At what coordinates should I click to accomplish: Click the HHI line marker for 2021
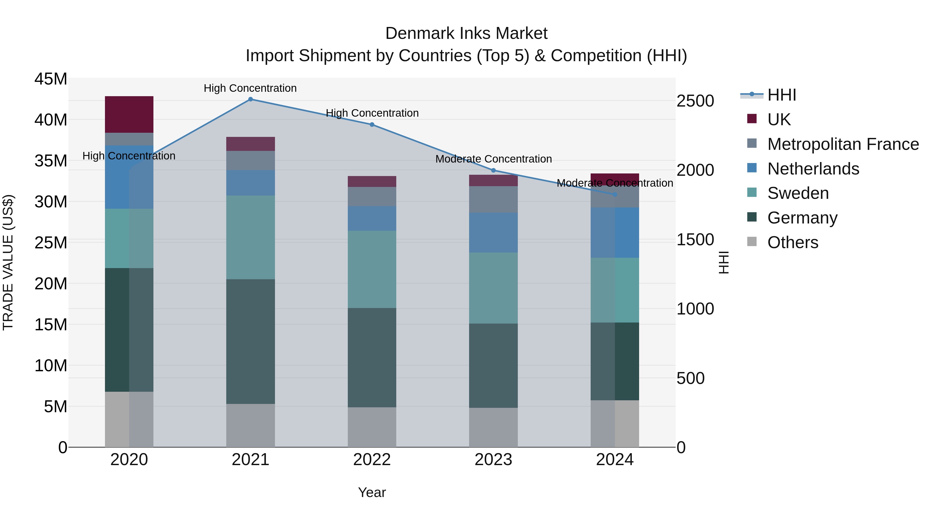click(250, 99)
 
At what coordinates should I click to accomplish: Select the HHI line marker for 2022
click(372, 125)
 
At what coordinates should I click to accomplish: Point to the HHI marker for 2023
click(493, 170)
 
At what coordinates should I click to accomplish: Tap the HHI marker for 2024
click(615, 194)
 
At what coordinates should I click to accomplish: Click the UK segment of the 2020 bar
click(129, 115)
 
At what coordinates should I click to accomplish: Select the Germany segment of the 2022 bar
click(372, 358)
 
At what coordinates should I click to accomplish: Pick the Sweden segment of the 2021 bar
click(250, 237)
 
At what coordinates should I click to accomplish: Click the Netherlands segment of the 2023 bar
click(493, 233)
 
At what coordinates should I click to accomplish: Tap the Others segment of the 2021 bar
click(250, 425)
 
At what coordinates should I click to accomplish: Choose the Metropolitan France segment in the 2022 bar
click(372, 197)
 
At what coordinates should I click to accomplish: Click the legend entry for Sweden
click(798, 193)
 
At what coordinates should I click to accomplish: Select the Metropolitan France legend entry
click(843, 144)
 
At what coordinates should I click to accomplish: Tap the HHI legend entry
click(782, 95)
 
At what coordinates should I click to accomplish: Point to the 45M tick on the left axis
click(51, 79)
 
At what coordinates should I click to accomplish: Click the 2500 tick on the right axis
click(695, 101)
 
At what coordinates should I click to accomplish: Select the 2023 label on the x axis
click(493, 460)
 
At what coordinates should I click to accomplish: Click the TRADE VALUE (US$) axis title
click(8, 262)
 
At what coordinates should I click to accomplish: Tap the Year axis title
click(372, 492)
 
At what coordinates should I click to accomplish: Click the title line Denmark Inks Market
click(466, 33)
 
